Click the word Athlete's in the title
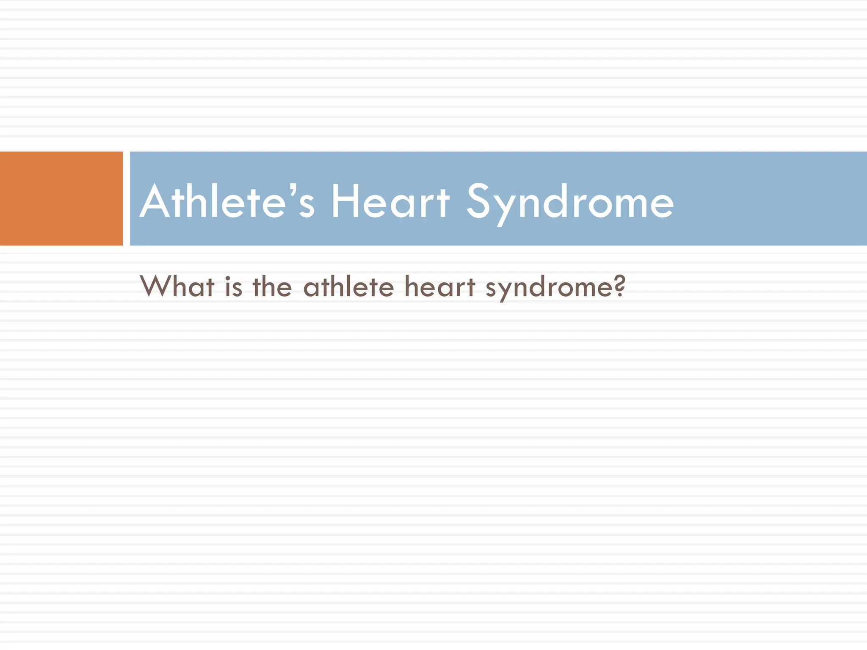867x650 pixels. click(227, 201)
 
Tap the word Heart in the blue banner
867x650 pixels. click(390, 201)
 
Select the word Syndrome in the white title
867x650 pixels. click(570, 202)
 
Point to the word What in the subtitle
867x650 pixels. click(177, 286)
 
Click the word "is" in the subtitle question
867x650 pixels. click(233, 286)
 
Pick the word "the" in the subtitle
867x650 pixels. click(272, 286)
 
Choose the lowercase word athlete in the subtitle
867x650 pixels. click(348, 286)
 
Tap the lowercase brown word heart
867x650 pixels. click(440, 286)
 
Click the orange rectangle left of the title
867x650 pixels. click(61, 198)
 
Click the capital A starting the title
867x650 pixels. click(155, 201)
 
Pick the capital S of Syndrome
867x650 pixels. click(480, 201)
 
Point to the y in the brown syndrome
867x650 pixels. click(508, 290)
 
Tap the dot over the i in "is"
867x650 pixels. click(228, 278)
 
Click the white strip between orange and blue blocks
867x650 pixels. click(126, 198)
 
